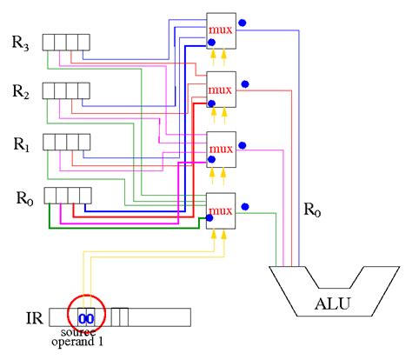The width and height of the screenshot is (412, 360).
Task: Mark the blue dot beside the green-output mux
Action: [x=245, y=206]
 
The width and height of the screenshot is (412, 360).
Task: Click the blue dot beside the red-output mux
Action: [x=245, y=84]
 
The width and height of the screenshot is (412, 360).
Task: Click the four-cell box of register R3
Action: [x=66, y=43]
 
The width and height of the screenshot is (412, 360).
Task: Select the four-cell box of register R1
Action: [x=66, y=141]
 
